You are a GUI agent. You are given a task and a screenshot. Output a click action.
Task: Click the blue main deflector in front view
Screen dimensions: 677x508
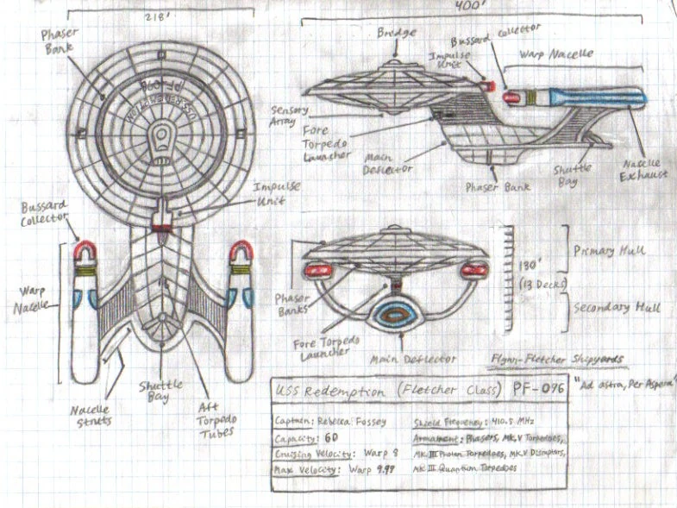(x=396, y=316)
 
